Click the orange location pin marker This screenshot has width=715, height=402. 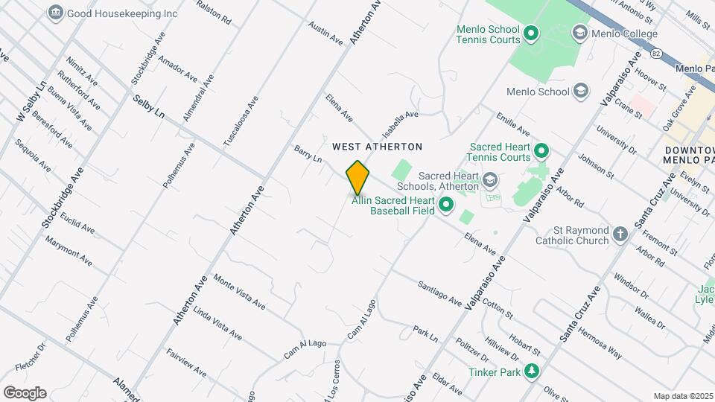click(358, 177)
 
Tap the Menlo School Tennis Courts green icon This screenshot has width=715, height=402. click(531, 33)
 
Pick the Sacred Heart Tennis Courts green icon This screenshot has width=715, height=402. click(541, 152)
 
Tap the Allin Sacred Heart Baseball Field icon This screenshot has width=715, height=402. click(446, 205)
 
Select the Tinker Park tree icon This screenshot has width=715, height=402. click(531, 371)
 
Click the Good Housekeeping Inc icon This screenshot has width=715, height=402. click(55, 13)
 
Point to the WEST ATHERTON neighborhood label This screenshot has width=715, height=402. click(377, 147)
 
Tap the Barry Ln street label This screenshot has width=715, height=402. click(307, 153)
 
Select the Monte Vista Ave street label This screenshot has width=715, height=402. click(239, 291)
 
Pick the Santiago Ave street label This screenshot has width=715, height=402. click(439, 293)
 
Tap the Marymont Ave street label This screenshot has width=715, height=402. click(68, 251)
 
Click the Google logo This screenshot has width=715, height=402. click(25, 392)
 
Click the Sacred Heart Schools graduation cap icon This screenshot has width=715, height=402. click(489, 179)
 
